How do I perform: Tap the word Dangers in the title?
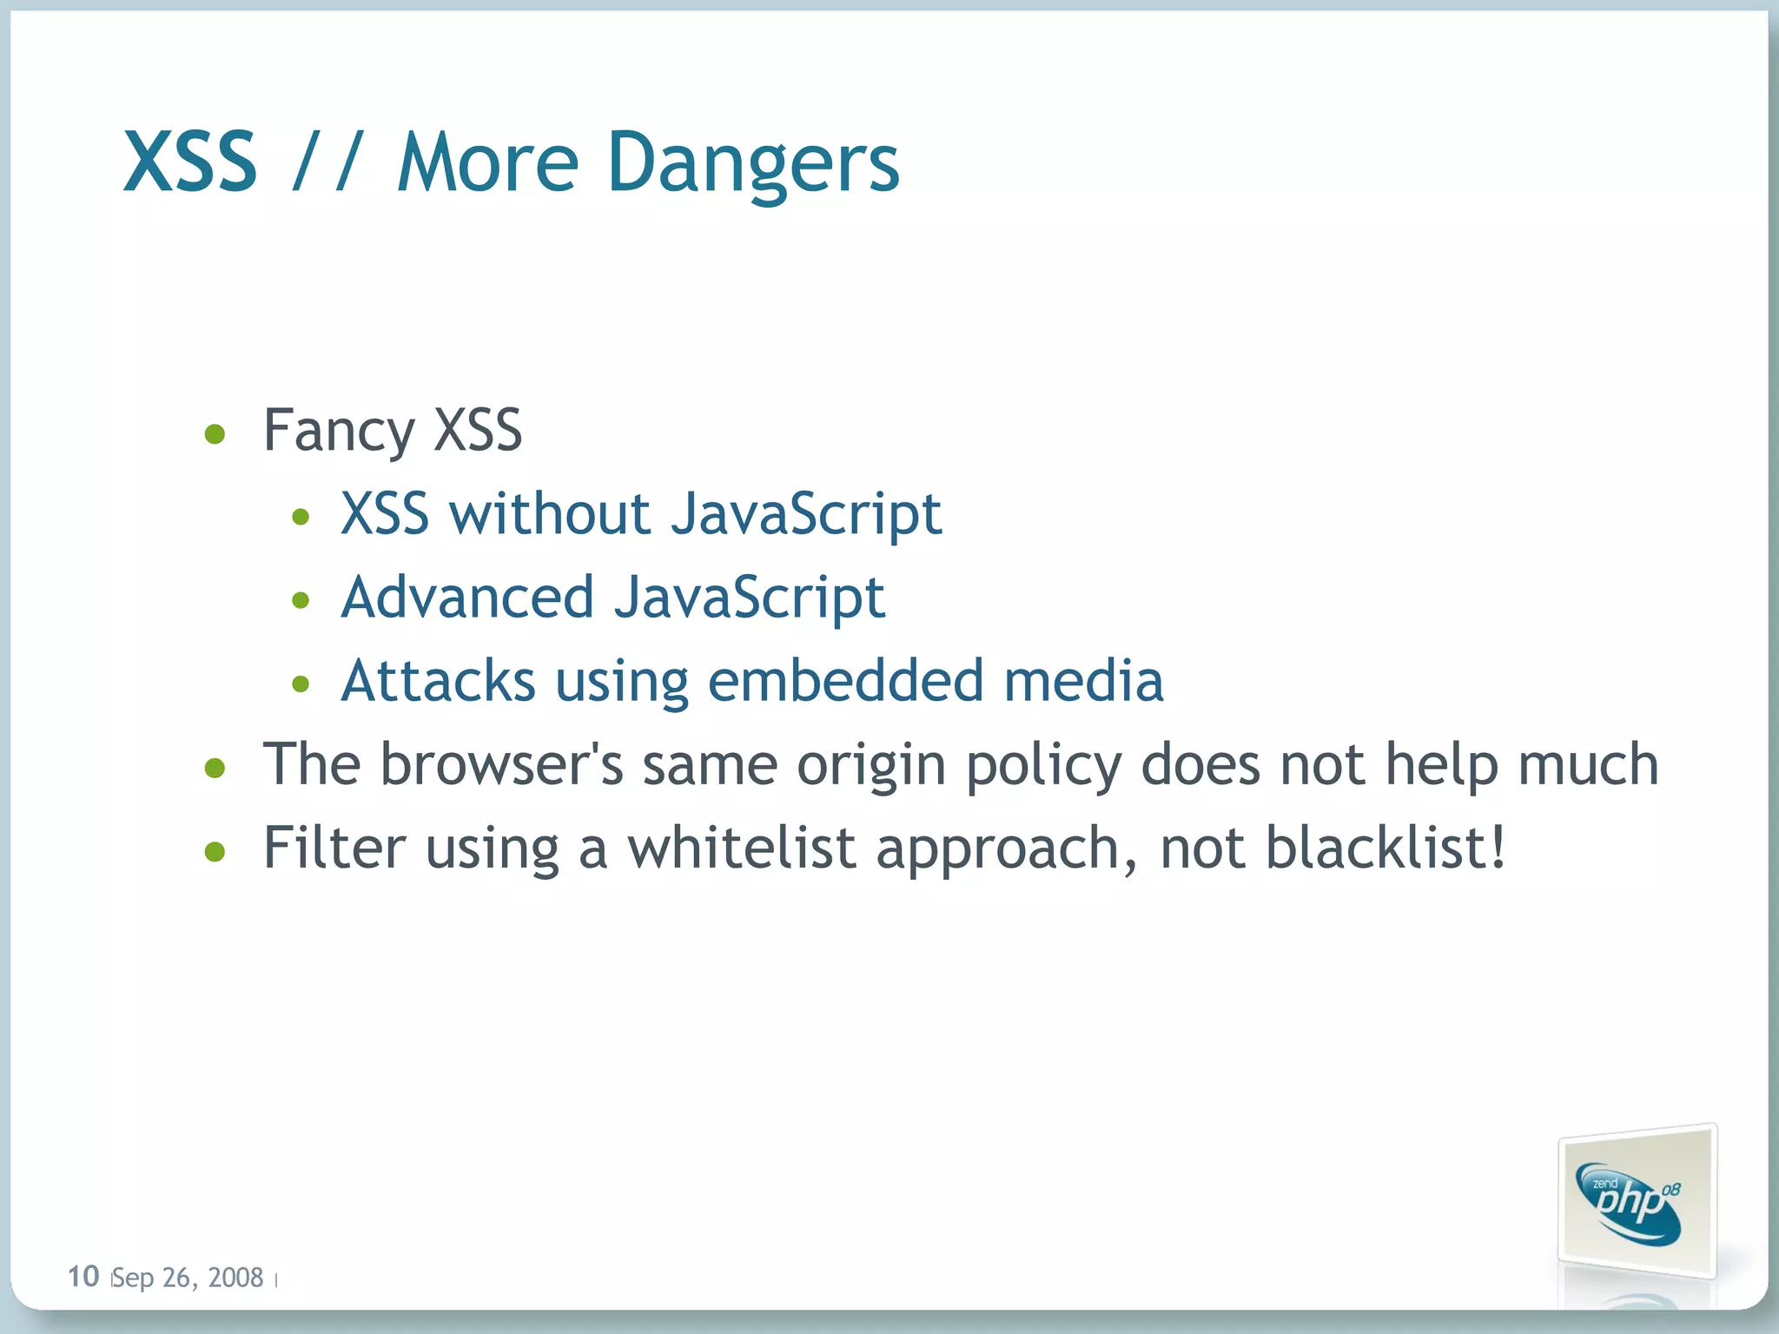tap(753, 163)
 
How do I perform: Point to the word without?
tap(550, 513)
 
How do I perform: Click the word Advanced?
tap(467, 598)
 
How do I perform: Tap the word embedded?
tap(846, 681)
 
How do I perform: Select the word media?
tap(1083, 681)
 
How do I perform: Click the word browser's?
tap(502, 765)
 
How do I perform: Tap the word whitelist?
tap(742, 848)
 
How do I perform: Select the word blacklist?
tap(1385, 848)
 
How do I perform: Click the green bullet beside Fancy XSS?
tap(215, 433)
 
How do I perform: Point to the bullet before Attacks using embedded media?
tap(301, 684)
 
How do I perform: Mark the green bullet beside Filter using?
tap(215, 851)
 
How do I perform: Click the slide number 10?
tap(83, 1276)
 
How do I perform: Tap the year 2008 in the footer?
tap(235, 1278)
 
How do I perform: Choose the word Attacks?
tap(438, 681)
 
